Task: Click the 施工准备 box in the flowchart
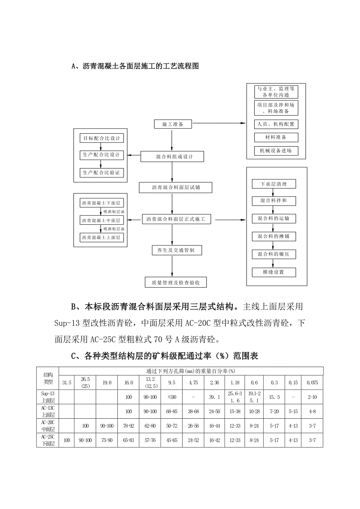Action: pos(173,124)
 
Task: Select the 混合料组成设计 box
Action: pos(172,157)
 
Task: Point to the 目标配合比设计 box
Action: pos(101,138)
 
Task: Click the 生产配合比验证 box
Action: pos(101,172)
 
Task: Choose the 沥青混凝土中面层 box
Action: pos(101,220)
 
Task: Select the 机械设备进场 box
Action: pos(276,151)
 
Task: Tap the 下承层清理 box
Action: pos(274,183)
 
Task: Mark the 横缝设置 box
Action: pos(274,272)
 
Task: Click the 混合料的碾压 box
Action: pos(274,254)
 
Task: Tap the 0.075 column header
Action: pos(312,383)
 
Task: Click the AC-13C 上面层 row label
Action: pos(47,411)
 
